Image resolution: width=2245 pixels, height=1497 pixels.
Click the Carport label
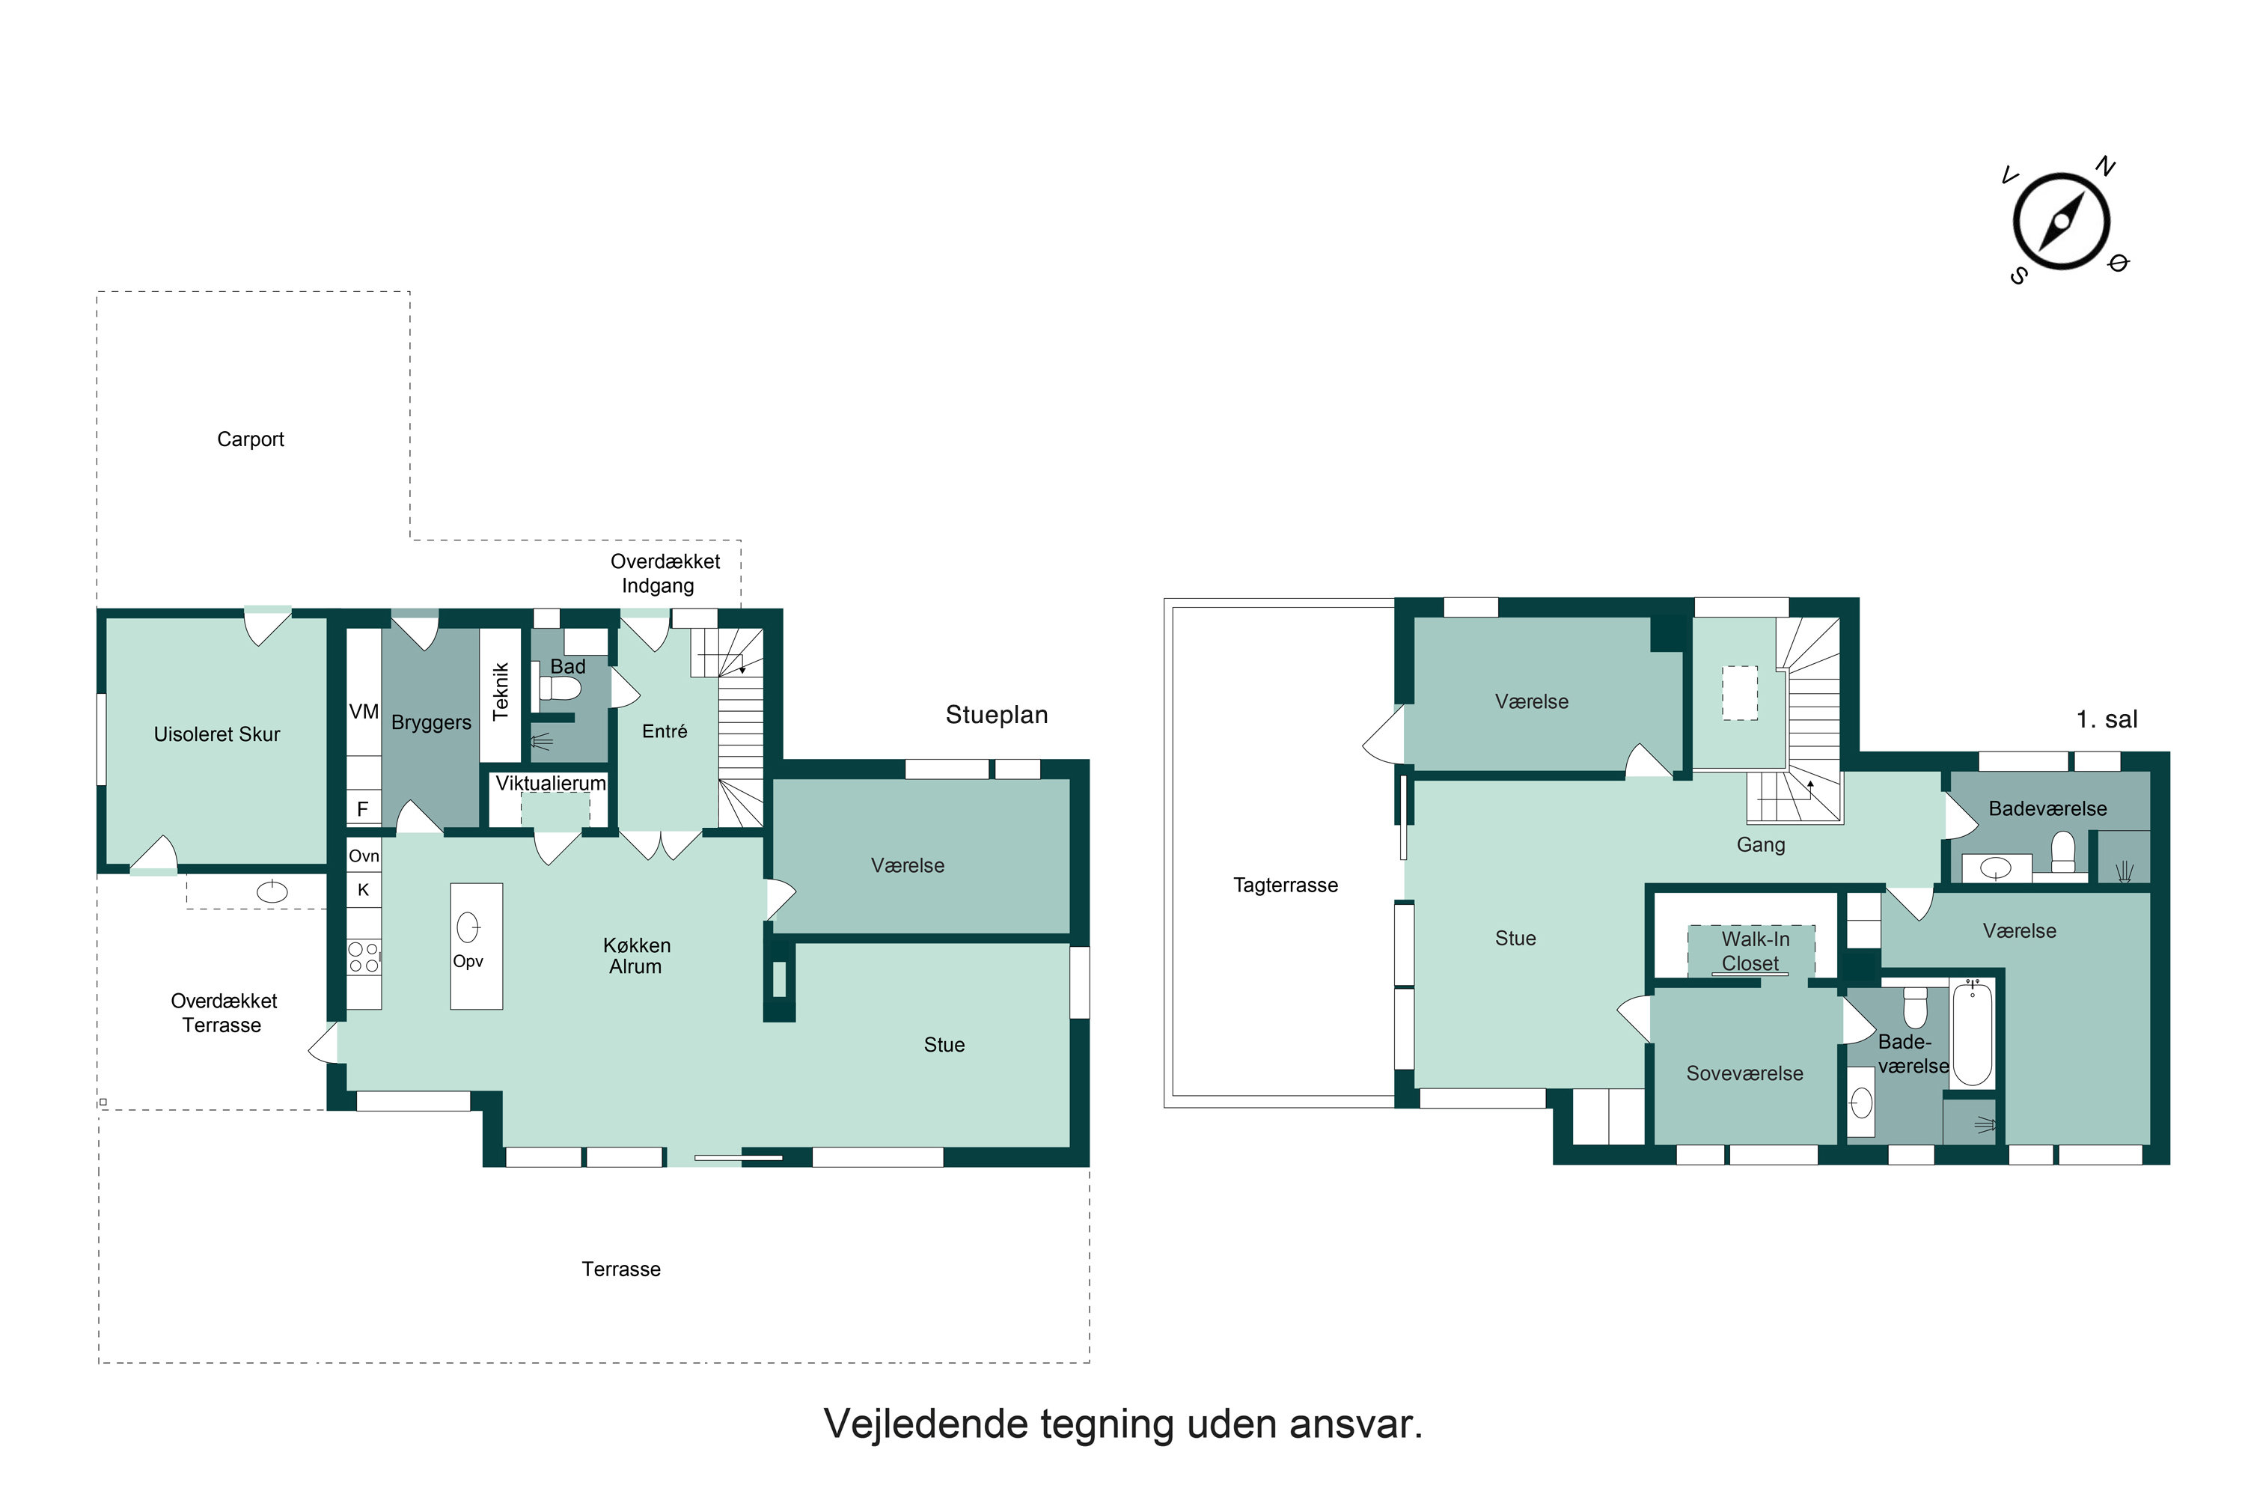[250, 439]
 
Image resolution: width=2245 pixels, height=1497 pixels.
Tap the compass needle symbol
[2061, 222]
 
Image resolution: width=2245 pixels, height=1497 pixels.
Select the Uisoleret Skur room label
[217, 734]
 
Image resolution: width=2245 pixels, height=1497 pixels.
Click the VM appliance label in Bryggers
[364, 711]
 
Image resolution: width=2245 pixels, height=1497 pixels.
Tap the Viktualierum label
[550, 783]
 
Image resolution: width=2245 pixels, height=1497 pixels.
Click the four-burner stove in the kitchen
[364, 957]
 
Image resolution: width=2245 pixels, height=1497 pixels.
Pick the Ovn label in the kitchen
[364, 856]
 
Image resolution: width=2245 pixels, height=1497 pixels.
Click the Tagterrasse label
[1285, 885]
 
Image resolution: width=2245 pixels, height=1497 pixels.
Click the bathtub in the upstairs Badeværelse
[1972, 1033]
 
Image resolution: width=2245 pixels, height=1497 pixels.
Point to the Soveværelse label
[1744, 1073]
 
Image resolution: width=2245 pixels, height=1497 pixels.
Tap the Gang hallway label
[1760, 844]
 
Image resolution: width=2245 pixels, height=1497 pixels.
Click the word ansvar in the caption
[1355, 1424]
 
